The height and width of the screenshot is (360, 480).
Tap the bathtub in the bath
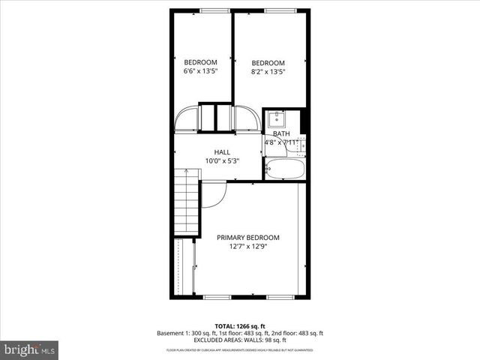(x=285, y=169)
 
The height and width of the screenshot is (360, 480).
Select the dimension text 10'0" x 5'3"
(x=221, y=160)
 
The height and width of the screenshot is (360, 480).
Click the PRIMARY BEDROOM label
(x=247, y=237)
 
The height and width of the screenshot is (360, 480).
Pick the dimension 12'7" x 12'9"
(x=247, y=247)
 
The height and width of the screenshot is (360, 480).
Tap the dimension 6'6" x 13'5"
(x=201, y=72)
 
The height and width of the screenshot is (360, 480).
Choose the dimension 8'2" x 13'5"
(x=268, y=72)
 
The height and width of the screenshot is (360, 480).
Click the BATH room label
(x=280, y=133)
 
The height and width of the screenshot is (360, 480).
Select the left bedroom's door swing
(x=187, y=120)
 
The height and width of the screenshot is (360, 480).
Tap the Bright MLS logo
(x=29, y=349)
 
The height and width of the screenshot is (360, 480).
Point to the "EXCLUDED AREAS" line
(x=240, y=341)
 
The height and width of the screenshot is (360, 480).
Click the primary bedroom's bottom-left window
(x=217, y=297)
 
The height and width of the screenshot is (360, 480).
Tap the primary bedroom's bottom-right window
(x=281, y=297)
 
